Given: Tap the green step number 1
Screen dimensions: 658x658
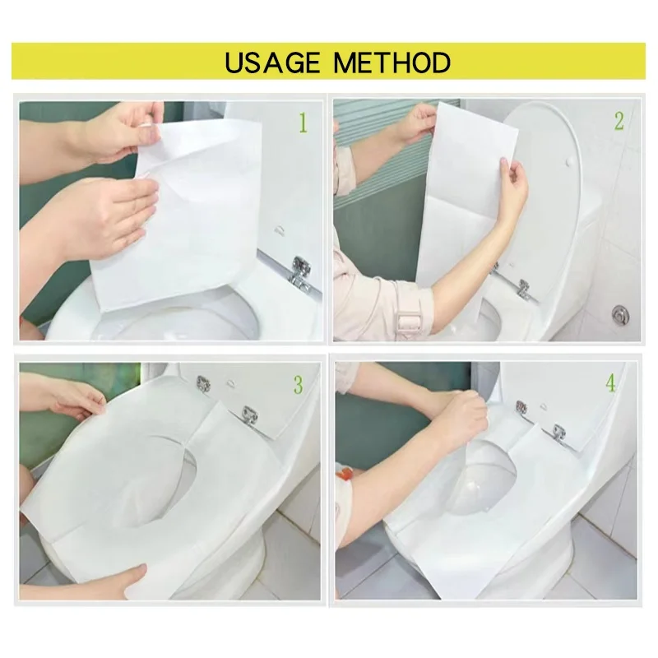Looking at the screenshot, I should (x=303, y=123).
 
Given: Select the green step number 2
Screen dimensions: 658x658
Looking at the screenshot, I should (x=619, y=122).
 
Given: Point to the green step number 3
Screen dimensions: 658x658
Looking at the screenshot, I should (x=298, y=383).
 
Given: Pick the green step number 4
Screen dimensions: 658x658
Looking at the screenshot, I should (x=609, y=384).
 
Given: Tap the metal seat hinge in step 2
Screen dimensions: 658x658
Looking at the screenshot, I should (x=521, y=287).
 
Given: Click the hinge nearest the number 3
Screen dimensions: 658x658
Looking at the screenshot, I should (x=249, y=416).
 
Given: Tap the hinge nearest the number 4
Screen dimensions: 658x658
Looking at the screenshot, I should (x=559, y=432).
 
